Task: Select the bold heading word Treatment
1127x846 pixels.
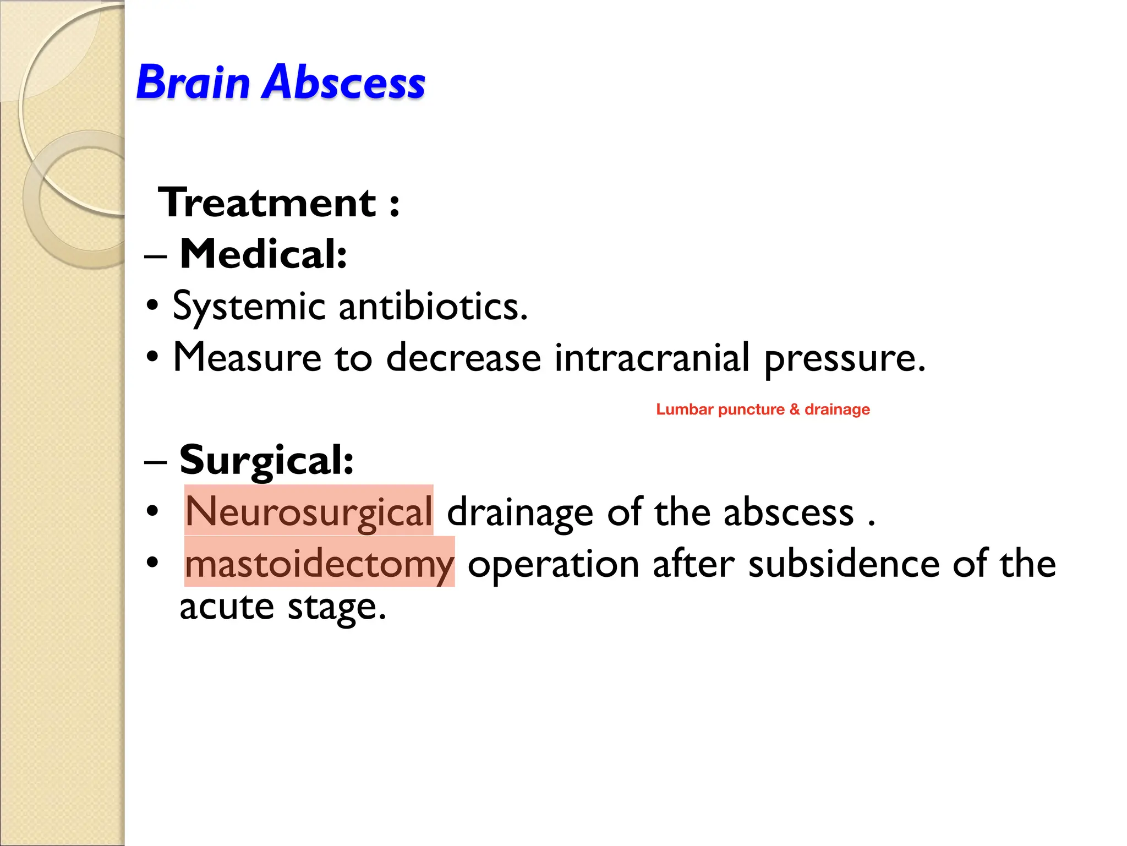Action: pos(267,203)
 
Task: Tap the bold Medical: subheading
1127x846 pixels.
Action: pos(263,254)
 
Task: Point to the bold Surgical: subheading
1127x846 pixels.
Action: pos(266,460)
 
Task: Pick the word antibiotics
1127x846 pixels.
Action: pos(433,306)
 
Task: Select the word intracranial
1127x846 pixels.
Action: pos(652,358)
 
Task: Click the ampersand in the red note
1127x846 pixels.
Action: pos(794,410)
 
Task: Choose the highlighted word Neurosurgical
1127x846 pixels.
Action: pos(309,511)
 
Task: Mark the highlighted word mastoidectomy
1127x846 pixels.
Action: pos(319,564)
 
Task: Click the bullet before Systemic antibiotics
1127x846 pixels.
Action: pos(152,305)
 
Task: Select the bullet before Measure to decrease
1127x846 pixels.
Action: pos(152,357)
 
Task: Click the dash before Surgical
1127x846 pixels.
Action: pos(155,462)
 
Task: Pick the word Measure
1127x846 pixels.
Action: pos(247,358)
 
